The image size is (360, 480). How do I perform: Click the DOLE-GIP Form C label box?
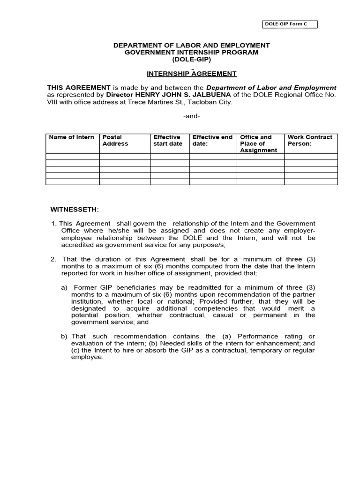point(289,24)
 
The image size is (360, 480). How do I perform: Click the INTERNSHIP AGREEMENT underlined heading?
point(191,74)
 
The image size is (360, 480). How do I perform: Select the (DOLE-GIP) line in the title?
point(191,60)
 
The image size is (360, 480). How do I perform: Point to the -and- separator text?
point(191,116)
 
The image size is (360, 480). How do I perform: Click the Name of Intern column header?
point(72,137)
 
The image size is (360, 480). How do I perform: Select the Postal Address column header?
point(115,141)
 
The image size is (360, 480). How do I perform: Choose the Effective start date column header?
point(168,141)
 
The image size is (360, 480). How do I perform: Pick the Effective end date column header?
point(212,141)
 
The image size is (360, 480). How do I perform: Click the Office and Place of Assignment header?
point(258,144)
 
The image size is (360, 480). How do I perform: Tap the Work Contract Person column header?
point(310,141)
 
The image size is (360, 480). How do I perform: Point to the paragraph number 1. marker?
point(54,224)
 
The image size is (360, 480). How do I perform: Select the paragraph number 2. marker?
point(53,259)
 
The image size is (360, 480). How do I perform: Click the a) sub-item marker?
point(64,287)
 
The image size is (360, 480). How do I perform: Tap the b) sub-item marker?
point(64,337)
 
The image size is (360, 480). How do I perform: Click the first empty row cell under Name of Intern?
point(72,157)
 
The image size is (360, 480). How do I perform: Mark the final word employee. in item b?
point(87,357)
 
